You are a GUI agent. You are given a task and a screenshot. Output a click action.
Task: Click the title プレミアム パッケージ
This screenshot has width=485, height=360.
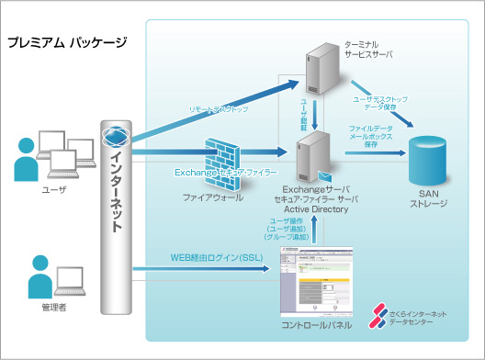(66, 42)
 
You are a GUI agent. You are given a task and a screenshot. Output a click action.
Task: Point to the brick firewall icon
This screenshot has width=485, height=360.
(223, 157)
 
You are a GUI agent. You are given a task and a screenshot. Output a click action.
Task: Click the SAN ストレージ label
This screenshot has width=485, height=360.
(433, 198)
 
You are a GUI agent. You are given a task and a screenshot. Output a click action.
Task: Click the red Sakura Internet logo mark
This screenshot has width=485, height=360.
(378, 315)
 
